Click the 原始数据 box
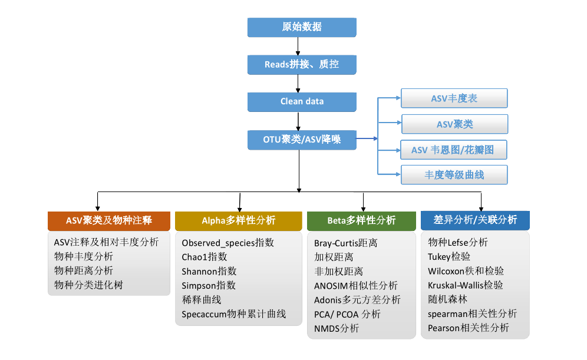pyautogui.click(x=302, y=27)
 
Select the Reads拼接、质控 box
pyautogui.click(x=302, y=64)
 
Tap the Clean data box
pyautogui.click(x=302, y=101)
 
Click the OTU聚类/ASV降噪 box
pyautogui.click(x=302, y=140)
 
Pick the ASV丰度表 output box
pyautogui.click(x=454, y=98)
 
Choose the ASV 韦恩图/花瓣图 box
pyautogui.click(x=454, y=150)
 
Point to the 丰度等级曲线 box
pyautogui.click(x=454, y=175)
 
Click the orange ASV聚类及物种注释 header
pyautogui.click(x=109, y=220)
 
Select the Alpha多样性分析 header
pyautogui.click(x=238, y=220)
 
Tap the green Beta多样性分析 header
pyautogui.click(x=361, y=220)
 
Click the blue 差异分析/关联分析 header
pyautogui.click(x=475, y=220)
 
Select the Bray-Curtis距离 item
pyautogui.click(x=346, y=243)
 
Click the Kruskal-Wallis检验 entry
pyautogui.click(x=466, y=285)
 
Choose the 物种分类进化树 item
pyautogui.click(x=89, y=285)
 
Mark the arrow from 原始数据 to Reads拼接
pyautogui.click(x=299, y=45)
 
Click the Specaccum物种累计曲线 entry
pyautogui.click(x=234, y=314)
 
